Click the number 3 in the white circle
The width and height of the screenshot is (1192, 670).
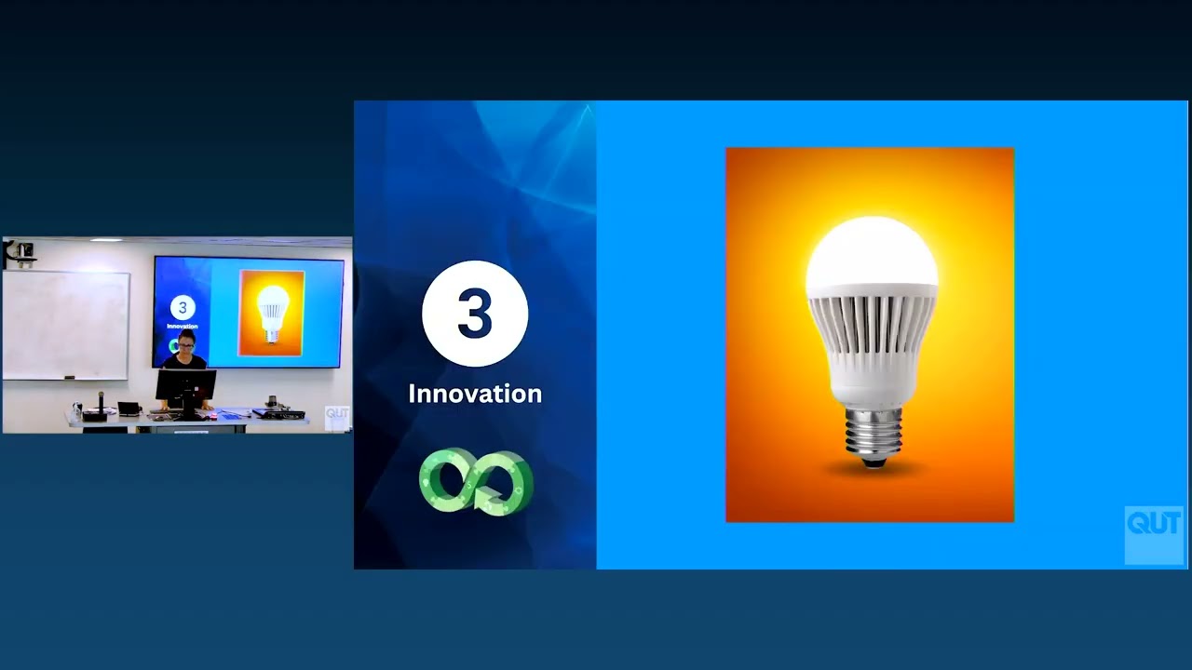tap(475, 314)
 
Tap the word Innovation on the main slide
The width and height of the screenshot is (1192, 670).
tap(475, 394)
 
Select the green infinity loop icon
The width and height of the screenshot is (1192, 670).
tap(476, 481)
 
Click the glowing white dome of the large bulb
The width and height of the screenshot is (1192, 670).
tap(872, 252)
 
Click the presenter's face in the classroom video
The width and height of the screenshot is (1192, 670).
tap(185, 343)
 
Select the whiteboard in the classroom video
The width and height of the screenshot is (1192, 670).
tap(65, 325)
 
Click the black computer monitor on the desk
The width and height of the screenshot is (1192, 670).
tap(186, 383)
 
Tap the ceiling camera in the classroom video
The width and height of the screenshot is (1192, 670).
tap(20, 251)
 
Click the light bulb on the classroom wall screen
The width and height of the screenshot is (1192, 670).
tap(272, 313)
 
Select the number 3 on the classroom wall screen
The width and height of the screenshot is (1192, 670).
tap(182, 308)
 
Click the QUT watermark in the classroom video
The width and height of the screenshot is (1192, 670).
tap(336, 417)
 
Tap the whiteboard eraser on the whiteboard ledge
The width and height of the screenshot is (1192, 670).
tap(67, 376)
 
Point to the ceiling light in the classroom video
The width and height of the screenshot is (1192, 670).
tap(105, 240)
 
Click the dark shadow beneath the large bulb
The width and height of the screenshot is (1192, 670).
tap(872, 469)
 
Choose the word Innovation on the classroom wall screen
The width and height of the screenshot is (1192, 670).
tap(182, 327)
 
